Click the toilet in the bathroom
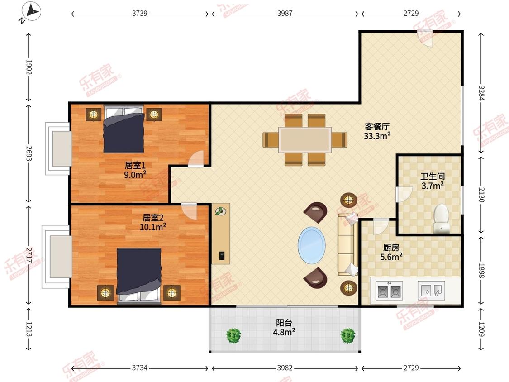[x=442, y=218]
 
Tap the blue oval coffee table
[x=312, y=246]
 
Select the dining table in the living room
[x=305, y=140]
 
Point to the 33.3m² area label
[x=377, y=136]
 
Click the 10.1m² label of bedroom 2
[x=153, y=227]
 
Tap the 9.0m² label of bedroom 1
[x=135, y=175]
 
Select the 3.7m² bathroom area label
[x=433, y=186]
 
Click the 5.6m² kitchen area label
[x=391, y=257]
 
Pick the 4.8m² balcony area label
[x=284, y=332]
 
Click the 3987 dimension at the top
[x=285, y=13]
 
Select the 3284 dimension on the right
[x=481, y=93]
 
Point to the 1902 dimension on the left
[x=29, y=67]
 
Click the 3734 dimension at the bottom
[x=140, y=368]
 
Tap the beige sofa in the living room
[x=347, y=244]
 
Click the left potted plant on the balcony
[x=233, y=335]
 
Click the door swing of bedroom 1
[x=196, y=159]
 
